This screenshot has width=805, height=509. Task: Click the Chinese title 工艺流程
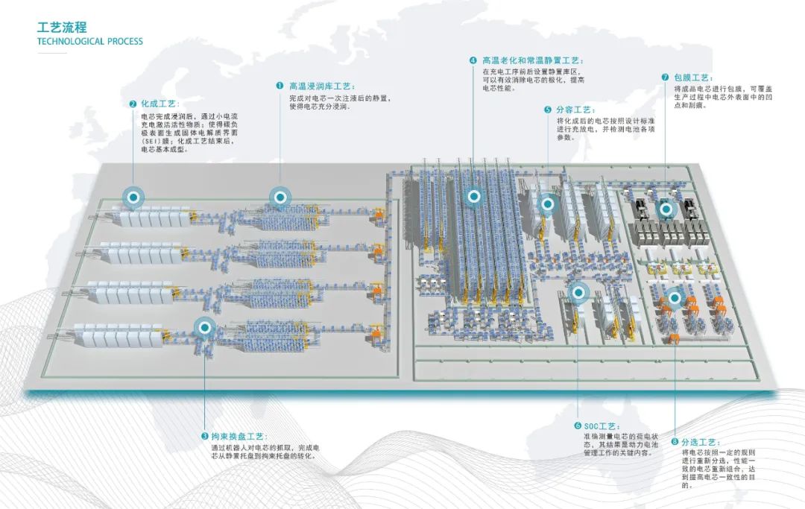62,28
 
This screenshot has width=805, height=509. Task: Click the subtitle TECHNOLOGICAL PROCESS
89,42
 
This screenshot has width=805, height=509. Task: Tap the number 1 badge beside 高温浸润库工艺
280,86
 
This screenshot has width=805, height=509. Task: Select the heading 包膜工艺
693,78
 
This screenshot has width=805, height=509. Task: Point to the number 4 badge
473,60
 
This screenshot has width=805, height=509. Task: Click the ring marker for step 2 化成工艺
134,197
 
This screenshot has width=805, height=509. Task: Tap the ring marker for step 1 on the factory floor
280,197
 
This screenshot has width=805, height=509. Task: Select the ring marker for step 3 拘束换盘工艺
204,326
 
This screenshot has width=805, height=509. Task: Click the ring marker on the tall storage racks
473,197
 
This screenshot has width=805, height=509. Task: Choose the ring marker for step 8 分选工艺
675,298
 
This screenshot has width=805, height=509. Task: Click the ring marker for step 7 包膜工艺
666,209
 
